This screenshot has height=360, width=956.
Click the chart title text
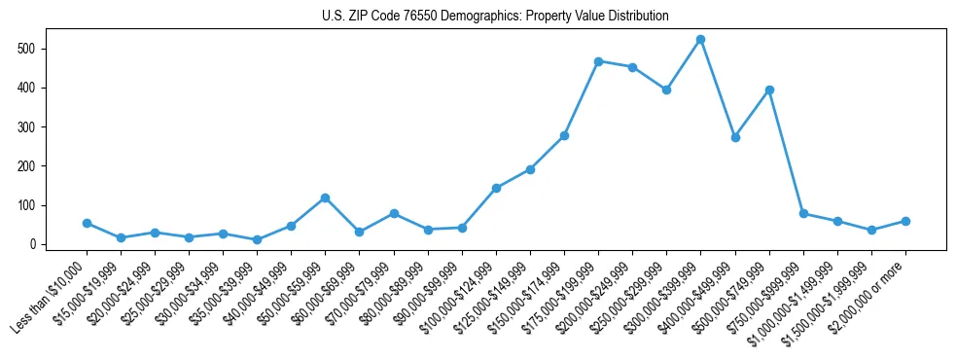point(495,17)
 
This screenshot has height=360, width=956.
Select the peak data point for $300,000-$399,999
point(700,40)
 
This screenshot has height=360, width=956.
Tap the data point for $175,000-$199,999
point(598,61)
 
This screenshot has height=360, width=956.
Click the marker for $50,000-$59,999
point(325,198)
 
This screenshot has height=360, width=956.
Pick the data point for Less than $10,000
point(87,223)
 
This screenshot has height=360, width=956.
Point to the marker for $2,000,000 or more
point(905,221)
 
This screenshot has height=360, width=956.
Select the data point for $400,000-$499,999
point(735,137)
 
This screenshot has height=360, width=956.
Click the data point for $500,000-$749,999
point(769,90)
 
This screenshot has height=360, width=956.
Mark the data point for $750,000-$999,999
point(803,213)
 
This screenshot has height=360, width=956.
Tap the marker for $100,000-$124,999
point(496,188)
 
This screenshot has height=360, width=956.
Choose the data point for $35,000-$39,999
point(257,239)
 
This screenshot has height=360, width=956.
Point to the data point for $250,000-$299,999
point(666,90)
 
